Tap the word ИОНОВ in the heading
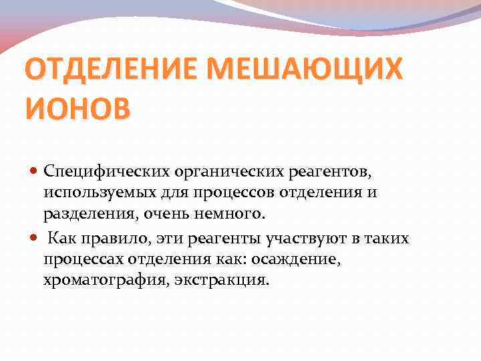coord(77,107)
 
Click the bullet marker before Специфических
coord(34,172)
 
